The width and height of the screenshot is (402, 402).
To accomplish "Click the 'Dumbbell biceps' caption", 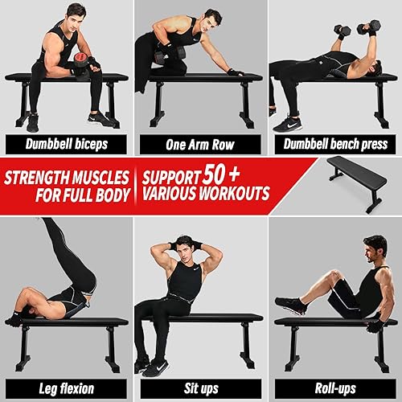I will (66, 146).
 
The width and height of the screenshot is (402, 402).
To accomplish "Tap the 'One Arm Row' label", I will (199, 146).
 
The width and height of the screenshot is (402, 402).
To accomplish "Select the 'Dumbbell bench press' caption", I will (334, 146).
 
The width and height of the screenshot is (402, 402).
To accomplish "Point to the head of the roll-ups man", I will (375, 247).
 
